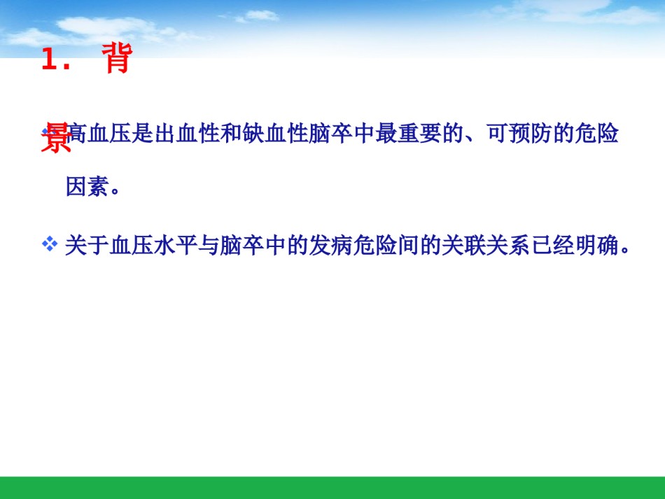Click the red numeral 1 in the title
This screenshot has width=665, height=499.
(50, 59)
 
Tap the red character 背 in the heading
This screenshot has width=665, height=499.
(117, 58)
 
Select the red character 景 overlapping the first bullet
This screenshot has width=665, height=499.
(56, 137)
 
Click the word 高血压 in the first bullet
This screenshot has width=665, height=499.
(99, 134)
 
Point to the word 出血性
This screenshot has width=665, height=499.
(188, 134)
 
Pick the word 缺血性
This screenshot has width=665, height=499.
(276, 134)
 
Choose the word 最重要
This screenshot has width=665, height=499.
(408, 134)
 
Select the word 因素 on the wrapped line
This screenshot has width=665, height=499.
(87, 187)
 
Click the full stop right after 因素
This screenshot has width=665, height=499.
(115, 191)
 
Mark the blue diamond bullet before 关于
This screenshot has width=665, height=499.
(50, 244)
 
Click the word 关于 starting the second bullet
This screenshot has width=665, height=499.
(87, 246)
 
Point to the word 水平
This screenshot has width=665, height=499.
(176, 246)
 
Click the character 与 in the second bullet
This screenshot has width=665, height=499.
(209, 246)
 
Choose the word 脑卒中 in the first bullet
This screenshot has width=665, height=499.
(342, 134)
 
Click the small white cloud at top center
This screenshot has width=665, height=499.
(259, 16)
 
